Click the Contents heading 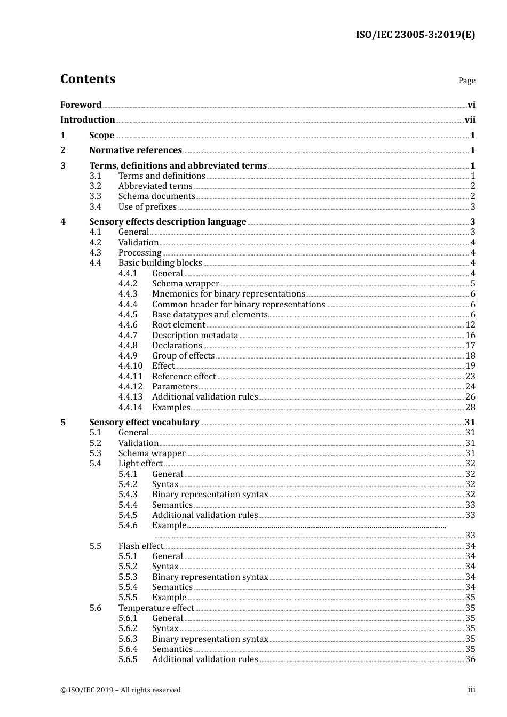coord(88,79)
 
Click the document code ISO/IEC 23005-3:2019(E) coord(415,35)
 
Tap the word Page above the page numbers coord(466,81)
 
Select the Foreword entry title coord(81,105)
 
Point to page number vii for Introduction coord(470,120)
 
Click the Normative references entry coord(136,150)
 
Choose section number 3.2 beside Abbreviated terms coord(95,186)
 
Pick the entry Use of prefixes coord(147,207)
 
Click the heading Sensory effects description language coord(168,222)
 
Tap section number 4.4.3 coord(128,294)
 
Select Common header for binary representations coord(239,305)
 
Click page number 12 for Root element coord(470,325)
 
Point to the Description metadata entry coord(195,336)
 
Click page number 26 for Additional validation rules coord(470,397)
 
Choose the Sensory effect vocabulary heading coord(144,423)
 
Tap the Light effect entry coord(140,464)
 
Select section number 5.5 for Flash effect coord(95,546)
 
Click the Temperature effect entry coord(156,608)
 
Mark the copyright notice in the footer coord(121,690)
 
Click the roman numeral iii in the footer coord(471,690)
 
